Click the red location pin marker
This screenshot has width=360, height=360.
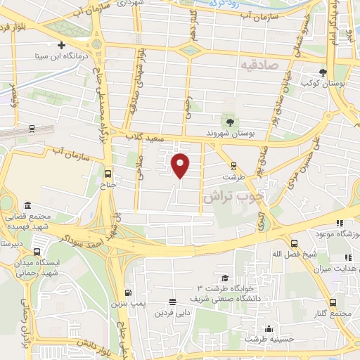click(181, 165)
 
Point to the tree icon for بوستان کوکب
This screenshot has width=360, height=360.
click(323, 72)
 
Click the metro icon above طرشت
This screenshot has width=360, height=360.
click(233, 167)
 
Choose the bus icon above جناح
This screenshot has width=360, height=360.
click(107, 174)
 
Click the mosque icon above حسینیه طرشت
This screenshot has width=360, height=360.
click(268, 328)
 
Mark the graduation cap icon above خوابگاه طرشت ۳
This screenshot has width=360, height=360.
click(224, 278)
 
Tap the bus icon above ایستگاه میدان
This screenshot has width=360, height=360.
click(37, 252)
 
